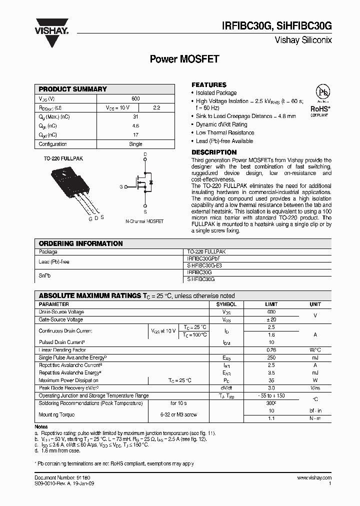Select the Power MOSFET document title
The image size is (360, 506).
pyautogui.click(x=184, y=59)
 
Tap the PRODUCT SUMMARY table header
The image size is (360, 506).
pyautogui.click(x=73, y=89)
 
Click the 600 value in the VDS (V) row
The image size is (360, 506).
pyautogui.click(x=135, y=99)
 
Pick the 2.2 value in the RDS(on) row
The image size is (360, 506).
pyautogui.click(x=156, y=107)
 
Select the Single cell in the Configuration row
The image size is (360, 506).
pyautogui.click(x=135, y=144)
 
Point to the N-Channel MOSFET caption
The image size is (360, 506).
pyautogui.click(x=144, y=221)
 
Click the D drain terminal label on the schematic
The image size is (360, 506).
pyautogui.click(x=145, y=154)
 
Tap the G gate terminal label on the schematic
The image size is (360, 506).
pyautogui.click(x=121, y=186)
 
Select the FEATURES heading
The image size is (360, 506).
pyautogui.click(x=209, y=85)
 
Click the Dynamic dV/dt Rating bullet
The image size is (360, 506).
pyautogui.click(x=221, y=124)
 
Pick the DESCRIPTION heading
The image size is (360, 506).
pyautogui.click(x=214, y=152)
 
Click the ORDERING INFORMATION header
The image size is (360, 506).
pyautogui.click(x=80, y=243)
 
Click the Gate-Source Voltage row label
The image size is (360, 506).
pyautogui.click(x=61, y=319)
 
